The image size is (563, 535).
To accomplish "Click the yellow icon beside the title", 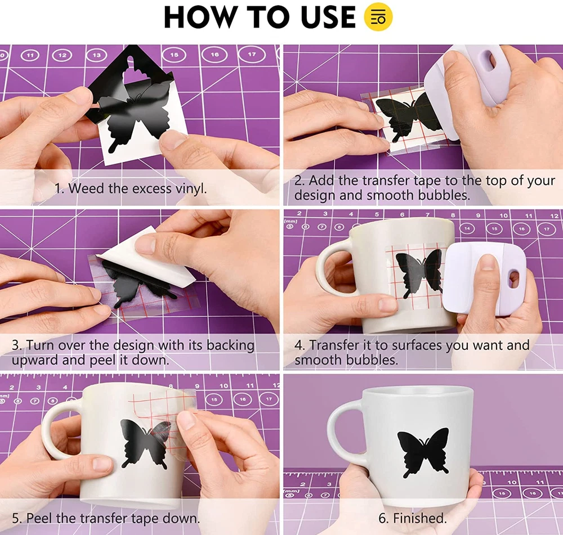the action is (x=378, y=16).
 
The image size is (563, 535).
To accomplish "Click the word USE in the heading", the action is (x=328, y=17).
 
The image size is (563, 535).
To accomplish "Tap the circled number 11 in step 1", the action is (x=30, y=55).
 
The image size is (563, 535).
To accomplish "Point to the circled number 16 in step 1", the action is (x=215, y=55).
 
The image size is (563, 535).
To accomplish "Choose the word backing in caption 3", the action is (x=230, y=345).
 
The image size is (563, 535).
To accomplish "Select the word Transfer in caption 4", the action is (x=334, y=345).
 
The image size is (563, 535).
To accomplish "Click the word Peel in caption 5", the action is (x=39, y=518).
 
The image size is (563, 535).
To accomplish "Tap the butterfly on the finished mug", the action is (x=423, y=452).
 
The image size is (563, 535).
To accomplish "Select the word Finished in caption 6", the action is (x=419, y=518).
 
